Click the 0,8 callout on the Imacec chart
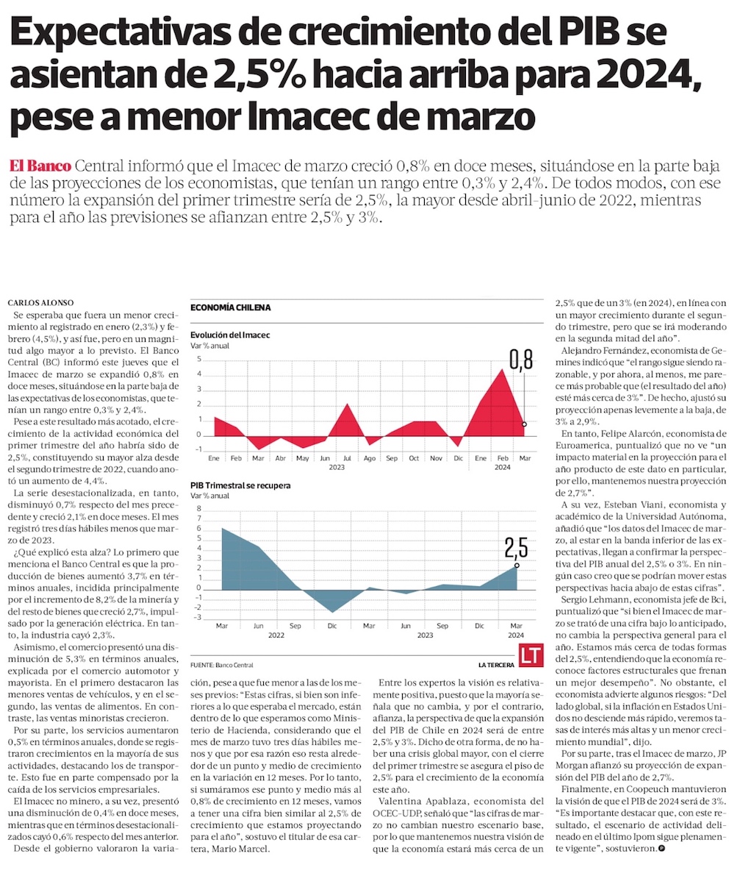pyautogui.click(x=520, y=360)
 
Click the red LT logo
pyautogui.click(x=529, y=655)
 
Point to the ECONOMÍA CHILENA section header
pyautogui.click(x=230, y=307)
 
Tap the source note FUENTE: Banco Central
pyautogui.click(x=221, y=665)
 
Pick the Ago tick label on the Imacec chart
pyautogui.click(x=369, y=458)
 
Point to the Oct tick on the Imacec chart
pyautogui.click(x=414, y=458)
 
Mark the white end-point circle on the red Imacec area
pyautogui.click(x=524, y=424)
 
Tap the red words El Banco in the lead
pyautogui.click(x=40, y=165)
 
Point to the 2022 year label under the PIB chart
pyautogui.click(x=276, y=634)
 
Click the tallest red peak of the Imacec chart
pyautogui.click(x=501, y=370)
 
